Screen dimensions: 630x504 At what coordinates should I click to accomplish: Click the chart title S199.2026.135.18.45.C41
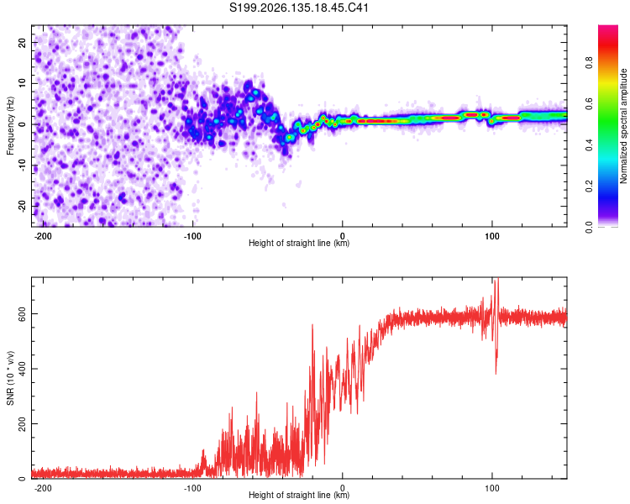(x=299, y=8)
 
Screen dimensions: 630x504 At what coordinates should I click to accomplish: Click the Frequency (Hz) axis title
(x=10, y=126)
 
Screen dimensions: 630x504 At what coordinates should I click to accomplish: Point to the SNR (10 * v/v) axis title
(x=10, y=378)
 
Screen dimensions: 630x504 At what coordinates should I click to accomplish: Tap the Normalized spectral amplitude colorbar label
(x=623, y=126)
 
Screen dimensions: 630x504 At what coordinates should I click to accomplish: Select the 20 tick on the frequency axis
(x=23, y=42)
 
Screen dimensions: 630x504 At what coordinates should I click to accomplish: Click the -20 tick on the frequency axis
(x=23, y=206)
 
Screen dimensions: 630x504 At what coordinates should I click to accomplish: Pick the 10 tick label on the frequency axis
(x=23, y=83)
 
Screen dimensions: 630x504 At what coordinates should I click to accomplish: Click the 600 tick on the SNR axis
(x=23, y=313)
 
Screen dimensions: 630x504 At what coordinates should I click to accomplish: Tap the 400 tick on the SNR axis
(x=23, y=369)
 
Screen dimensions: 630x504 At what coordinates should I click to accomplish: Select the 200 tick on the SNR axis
(x=23, y=423)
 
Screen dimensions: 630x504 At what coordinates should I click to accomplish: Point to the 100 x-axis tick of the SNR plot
(x=491, y=488)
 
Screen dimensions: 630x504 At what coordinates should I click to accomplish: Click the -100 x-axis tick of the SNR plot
(x=192, y=488)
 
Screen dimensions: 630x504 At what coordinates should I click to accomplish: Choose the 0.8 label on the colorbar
(x=589, y=62)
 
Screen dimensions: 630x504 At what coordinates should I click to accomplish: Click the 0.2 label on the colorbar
(x=589, y=186)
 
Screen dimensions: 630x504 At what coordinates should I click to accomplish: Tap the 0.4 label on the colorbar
(x=589, y=144)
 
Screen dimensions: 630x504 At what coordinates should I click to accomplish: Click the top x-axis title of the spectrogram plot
(x=299, y=243)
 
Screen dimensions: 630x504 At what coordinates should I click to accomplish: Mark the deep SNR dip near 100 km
(x=496, y=372)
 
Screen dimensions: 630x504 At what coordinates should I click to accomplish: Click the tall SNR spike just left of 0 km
(x=312, y=326)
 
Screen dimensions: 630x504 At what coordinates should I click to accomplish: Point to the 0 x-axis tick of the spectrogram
(x=343, y=236)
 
